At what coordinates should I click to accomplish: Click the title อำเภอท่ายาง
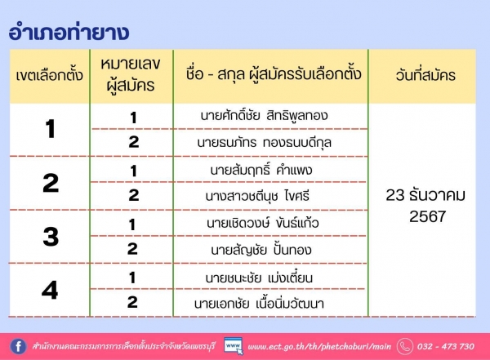point(69,32)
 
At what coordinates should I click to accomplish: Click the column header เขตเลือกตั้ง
point(49,75)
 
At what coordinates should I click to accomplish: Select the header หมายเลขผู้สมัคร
point(131,74)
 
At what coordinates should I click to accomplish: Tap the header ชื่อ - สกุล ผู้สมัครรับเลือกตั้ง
point(274,73)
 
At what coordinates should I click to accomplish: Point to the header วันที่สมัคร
point(425,75)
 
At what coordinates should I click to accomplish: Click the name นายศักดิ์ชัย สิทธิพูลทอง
point(264,116)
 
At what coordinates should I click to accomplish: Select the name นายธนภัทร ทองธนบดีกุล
point(264,143)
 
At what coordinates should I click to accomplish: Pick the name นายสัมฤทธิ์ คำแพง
point(261,170)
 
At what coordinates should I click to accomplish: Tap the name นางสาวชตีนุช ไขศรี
point(257,196)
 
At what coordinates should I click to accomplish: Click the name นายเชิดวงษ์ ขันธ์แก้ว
point(262,223)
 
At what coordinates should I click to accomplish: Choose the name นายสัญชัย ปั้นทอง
point(261,250)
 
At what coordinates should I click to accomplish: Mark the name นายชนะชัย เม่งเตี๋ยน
point(259,278)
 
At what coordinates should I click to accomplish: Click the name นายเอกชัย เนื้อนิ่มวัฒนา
point(259,304)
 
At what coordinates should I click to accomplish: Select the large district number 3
point(51,237)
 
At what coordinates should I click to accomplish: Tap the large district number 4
point(50,291)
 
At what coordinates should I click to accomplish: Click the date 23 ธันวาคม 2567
point(426,206)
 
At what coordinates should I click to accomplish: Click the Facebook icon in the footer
point(18,346)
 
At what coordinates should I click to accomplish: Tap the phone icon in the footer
point(405,346)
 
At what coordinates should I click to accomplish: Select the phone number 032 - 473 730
point(446,346)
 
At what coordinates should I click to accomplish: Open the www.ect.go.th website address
point(319,347)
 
